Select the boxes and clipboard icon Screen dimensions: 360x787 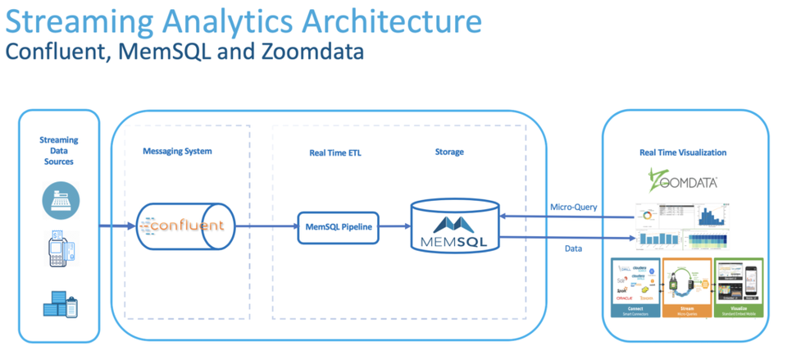[x=61, y=305]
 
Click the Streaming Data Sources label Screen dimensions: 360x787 [x=58, y=151]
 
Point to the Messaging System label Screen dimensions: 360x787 [x=177, y=152]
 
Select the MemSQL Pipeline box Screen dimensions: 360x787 [x=339, y=226]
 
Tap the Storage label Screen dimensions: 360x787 [x=449, y=152]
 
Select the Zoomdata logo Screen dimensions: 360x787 [x=682, y=179]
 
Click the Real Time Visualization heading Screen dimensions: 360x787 [x=683, y=153]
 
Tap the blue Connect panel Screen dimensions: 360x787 [x=636, y=288]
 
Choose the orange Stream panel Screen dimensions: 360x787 [x=688, y=288]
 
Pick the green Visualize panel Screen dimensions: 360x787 [x=739, y=288]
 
